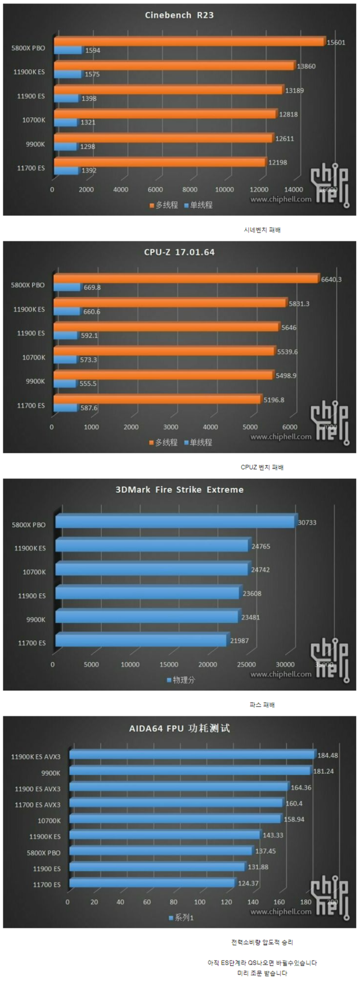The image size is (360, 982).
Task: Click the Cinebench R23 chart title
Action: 179,15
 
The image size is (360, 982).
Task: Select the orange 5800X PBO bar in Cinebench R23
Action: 189,41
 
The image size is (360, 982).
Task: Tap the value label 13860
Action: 306,66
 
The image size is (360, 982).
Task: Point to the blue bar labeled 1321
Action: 66,122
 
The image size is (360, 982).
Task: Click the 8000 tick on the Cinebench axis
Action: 190,190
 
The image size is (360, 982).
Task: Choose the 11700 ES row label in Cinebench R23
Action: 30,168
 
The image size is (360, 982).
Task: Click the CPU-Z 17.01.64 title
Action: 179,252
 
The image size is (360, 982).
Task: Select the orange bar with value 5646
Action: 166,327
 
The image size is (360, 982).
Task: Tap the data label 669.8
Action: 92,288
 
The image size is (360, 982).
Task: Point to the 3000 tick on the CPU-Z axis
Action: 170,427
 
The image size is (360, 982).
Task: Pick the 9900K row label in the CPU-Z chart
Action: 35,381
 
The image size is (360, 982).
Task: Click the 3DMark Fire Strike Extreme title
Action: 179,490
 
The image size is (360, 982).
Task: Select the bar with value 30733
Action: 175,522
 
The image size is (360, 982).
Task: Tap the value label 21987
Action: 239,640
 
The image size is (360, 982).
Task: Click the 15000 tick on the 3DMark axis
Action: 169,665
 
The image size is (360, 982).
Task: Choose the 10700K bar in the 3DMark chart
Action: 151,570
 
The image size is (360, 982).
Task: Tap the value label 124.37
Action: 248,883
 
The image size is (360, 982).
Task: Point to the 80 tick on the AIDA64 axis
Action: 173,902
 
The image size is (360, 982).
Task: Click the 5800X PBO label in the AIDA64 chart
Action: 43,853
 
